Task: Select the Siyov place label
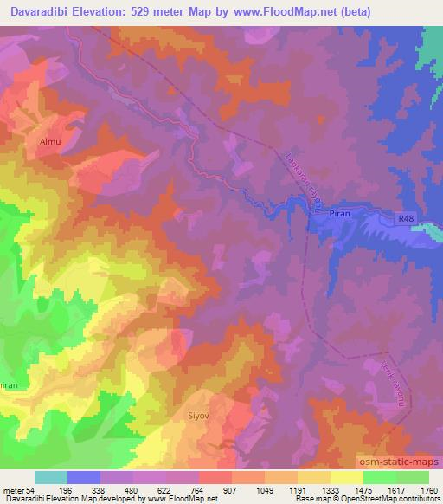click(x=199, y=416)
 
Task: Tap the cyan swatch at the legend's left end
click(x=51, y=477)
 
